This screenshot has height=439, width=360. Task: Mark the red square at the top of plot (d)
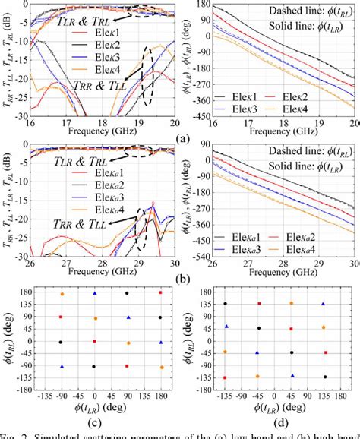(259, 304)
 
